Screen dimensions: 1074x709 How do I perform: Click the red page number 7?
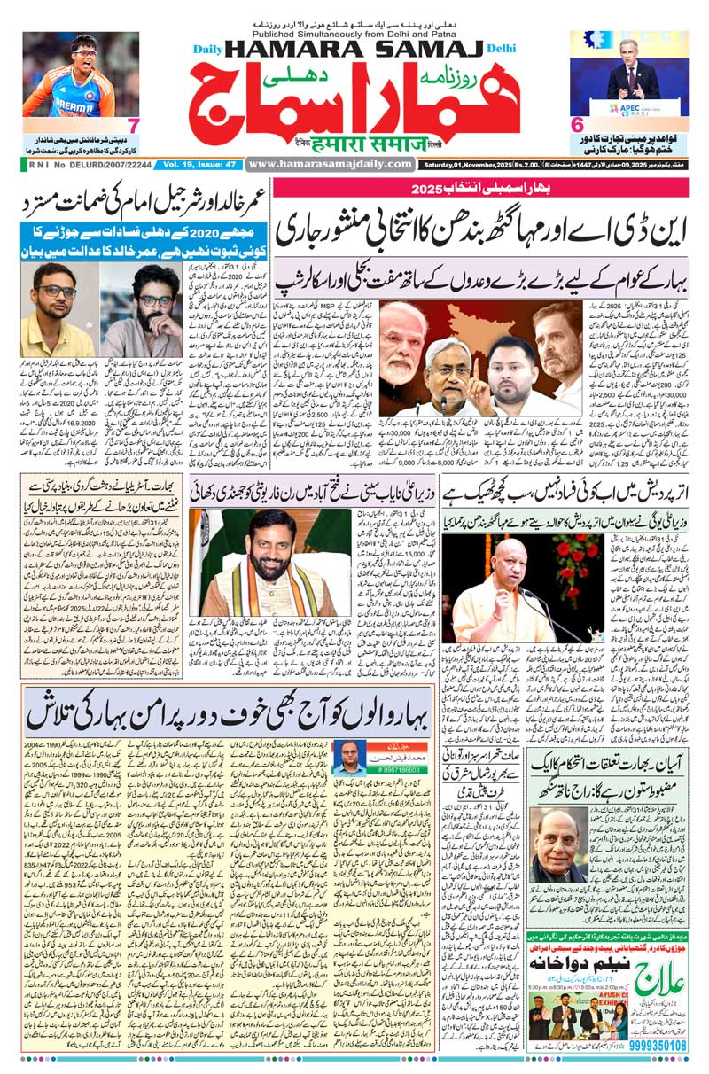coord(132,124)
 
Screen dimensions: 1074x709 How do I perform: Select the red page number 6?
coord(575,125)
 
